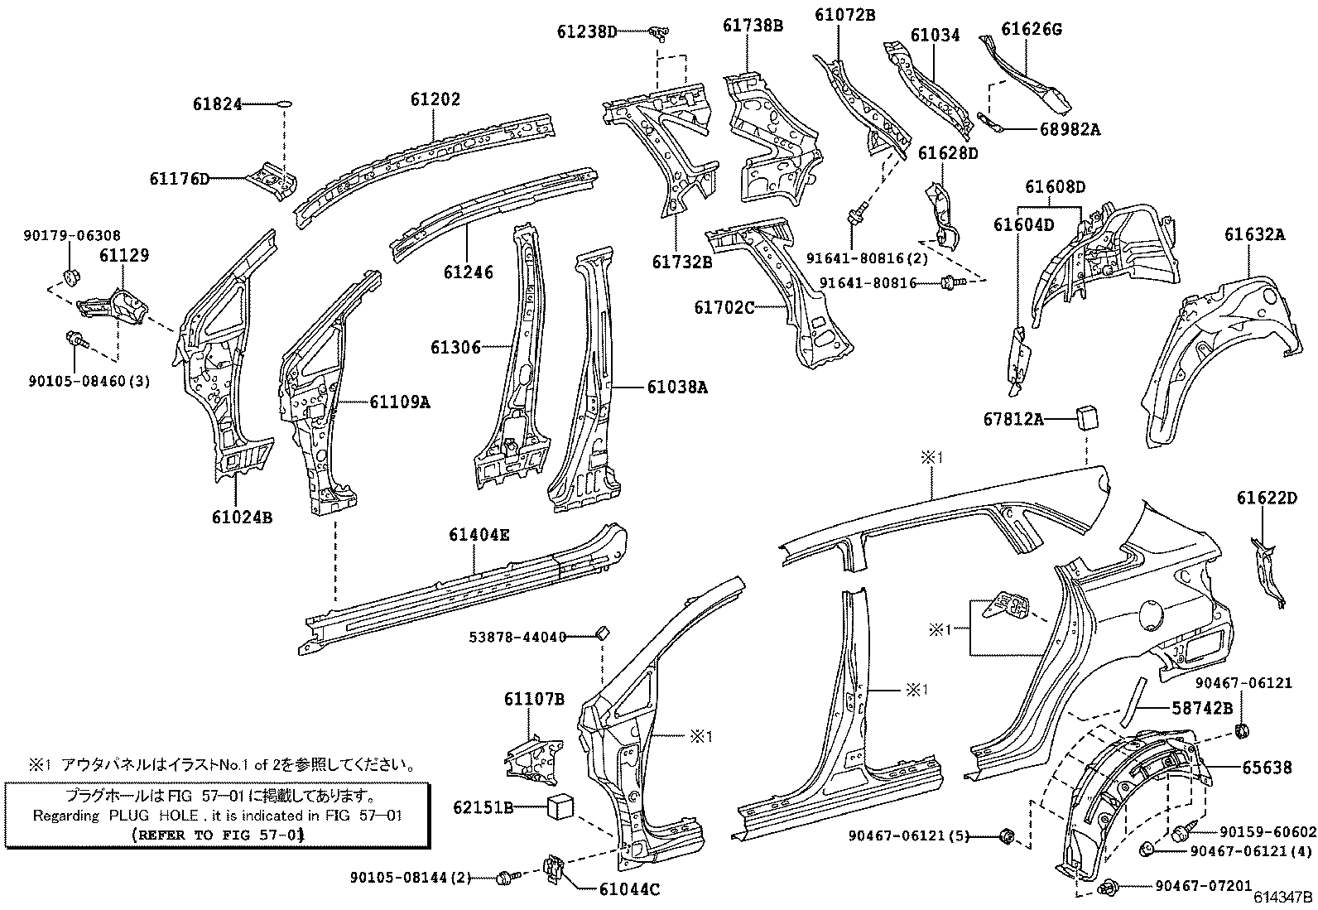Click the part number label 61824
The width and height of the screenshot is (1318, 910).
coord(217,104)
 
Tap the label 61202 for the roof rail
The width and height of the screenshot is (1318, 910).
coord(435,99)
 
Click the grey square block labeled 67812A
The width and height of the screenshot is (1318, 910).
coord(1086,417)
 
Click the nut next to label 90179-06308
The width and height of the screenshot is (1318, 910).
coord(71,274)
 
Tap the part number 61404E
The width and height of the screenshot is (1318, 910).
coord(479,535)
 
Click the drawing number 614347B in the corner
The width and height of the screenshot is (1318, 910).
coord(1282,898)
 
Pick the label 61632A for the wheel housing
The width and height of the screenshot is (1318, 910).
coord(1255,235)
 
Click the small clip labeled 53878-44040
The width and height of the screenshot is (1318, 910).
coord(602,634)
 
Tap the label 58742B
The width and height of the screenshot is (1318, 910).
coord(1202,708)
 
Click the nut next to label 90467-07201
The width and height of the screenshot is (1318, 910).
coord(1108,888)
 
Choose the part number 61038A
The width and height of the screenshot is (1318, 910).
coord(676,387)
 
